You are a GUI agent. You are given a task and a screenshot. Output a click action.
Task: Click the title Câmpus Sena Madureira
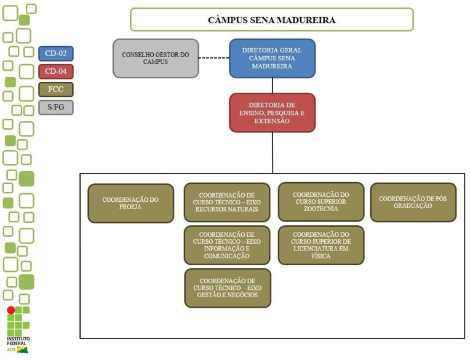(x=271, y=20)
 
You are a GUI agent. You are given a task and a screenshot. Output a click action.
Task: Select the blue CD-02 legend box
(x=55, y=54)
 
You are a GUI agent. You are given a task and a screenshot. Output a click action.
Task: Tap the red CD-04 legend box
(x=55, y=71)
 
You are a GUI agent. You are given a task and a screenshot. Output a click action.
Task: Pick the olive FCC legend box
(x=55, y=89)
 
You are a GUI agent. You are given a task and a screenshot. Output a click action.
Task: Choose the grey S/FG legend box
(x=55, y=107)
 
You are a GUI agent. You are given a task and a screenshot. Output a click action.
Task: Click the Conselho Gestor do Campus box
(x=156, y=58)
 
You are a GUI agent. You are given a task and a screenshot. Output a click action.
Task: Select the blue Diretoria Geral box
(x=272, y=58)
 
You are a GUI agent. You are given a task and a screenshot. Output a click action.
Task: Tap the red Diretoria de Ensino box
(x=272, y=113)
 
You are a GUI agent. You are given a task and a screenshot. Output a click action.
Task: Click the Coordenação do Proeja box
(x=130, y=203)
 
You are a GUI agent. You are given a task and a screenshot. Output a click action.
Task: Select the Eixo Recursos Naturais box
(x=227, y=202)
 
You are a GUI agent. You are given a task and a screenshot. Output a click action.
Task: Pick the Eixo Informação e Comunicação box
(x=227, y=245)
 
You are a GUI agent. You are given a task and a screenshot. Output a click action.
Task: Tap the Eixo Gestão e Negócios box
(x=227, y=287)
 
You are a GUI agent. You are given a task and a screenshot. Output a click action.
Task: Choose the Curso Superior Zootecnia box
(x=321, y=202)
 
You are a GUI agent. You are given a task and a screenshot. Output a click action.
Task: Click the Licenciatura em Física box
(x=321, y=245)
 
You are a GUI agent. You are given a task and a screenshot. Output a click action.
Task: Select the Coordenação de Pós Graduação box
(x=413, y=202)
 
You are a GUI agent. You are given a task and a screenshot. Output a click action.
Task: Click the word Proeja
(x=130, y=207)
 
